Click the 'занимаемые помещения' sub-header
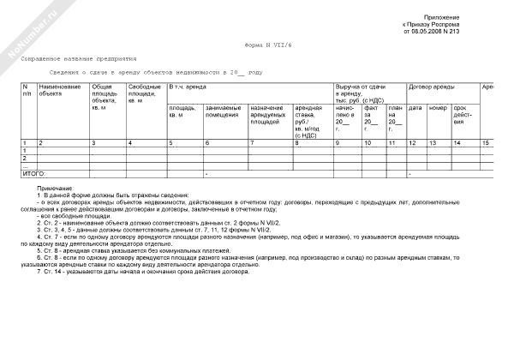pyautogui.click(x=223, y=111)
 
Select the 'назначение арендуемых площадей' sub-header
pyautogui.click(x=268, y=115)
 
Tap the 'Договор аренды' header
pyautogui.click(x=431, y=87)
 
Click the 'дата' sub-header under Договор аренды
pyautogui.click(x=415, y=108)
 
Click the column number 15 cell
pyautogui.click(x=486, y=141)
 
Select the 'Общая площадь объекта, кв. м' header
pyautogui.click(x=105, y=97)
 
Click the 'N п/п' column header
pyautogui.click(x=27, y=91)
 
